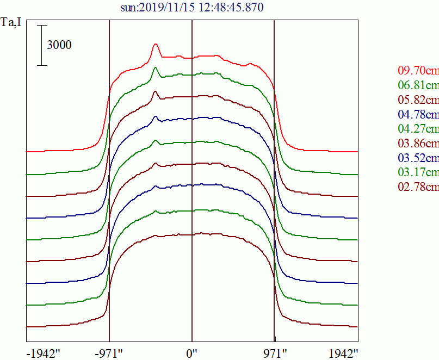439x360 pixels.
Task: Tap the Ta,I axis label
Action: point(13,23)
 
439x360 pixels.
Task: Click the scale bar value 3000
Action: point(59,45)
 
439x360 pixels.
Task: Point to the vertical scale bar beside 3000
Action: point(42,45)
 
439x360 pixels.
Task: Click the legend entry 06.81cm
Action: point(418,85)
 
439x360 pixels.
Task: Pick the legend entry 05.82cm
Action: point(418,100)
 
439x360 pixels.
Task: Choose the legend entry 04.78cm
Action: point(418,114)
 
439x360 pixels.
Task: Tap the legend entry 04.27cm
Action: point(418,129)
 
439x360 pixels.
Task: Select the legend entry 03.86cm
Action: point(418,144)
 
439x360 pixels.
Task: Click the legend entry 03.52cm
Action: point(418,158)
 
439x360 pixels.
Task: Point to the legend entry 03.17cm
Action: point(418,173)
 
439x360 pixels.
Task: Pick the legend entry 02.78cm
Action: point(418,188)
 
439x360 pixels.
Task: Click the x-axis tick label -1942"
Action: point(43,353)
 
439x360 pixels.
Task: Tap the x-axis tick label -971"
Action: point(109,353)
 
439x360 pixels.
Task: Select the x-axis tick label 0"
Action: point(191,353)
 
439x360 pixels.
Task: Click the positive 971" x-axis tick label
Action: point(274,353)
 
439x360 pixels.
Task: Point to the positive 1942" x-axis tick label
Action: point(342,353)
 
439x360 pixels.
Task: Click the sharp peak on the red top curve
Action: point(156,45)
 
